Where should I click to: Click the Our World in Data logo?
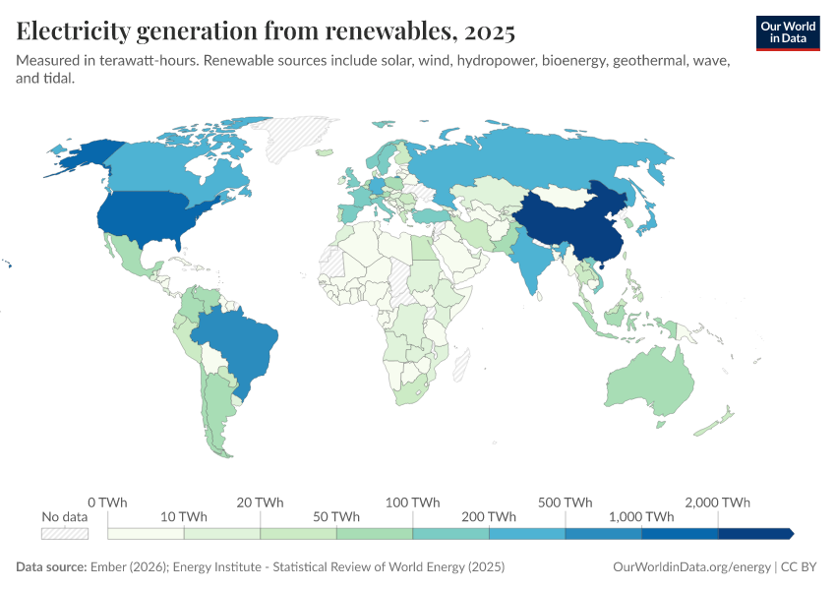click(x=788, y=32)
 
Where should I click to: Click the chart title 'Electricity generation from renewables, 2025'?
click(x=266, y=31)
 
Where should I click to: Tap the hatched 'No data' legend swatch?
click(x=65, y=533)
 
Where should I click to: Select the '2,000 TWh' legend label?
click(x=718, y=502)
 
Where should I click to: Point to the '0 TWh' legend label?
click(x=107, y=502)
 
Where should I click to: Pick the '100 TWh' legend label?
click(x=412, y=502)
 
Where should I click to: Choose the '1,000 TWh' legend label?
click(x=641, y=517)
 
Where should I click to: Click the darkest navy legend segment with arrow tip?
click(x=754, y=533)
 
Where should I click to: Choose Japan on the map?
click(x=648, y=221)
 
